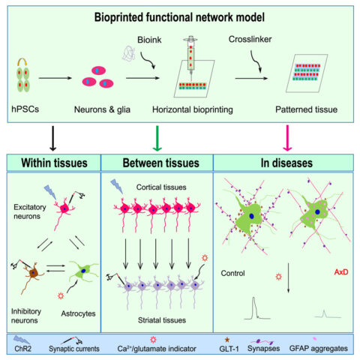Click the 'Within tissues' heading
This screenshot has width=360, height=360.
click(53, 160)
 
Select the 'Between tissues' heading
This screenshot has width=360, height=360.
click(156, 160)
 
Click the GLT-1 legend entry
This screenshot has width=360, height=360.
click(238, 349)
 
